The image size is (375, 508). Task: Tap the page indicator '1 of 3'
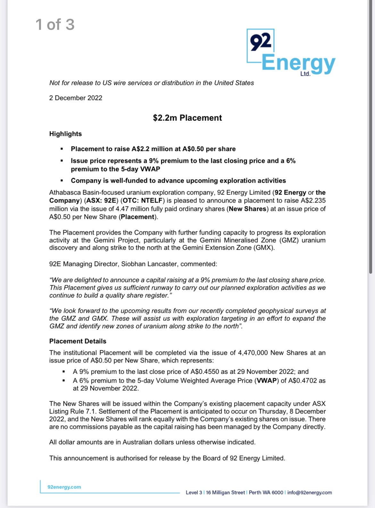(x=55, y=25)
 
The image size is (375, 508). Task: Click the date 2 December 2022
(x=76, y=98)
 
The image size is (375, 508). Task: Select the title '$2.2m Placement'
(x=187, y=118)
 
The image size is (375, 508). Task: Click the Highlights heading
(x=65, y=134)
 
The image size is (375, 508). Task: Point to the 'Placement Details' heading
(x=78, y=341)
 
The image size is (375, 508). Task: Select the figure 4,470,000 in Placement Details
(x=253, y=353)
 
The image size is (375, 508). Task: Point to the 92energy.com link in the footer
(x=64, y=487)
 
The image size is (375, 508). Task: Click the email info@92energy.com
(x=309, y=492)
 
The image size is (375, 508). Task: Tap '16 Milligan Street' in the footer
(x=225, y=492)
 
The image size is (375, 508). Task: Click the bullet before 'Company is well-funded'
(x=62, y=181)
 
